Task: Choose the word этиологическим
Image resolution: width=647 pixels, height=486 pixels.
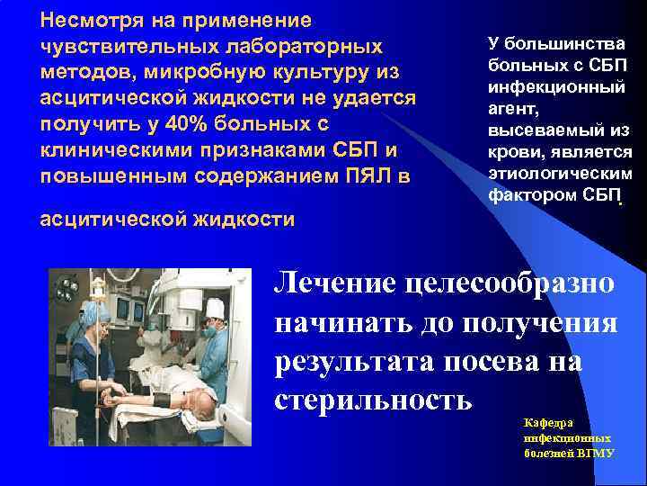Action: click(x=560, y=174)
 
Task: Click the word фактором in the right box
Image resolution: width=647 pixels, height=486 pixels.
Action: click(x=530, y=195)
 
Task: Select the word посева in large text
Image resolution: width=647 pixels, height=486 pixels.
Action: click(x=469, y=360)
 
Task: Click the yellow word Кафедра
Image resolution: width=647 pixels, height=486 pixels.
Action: click(x=544, y=422)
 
